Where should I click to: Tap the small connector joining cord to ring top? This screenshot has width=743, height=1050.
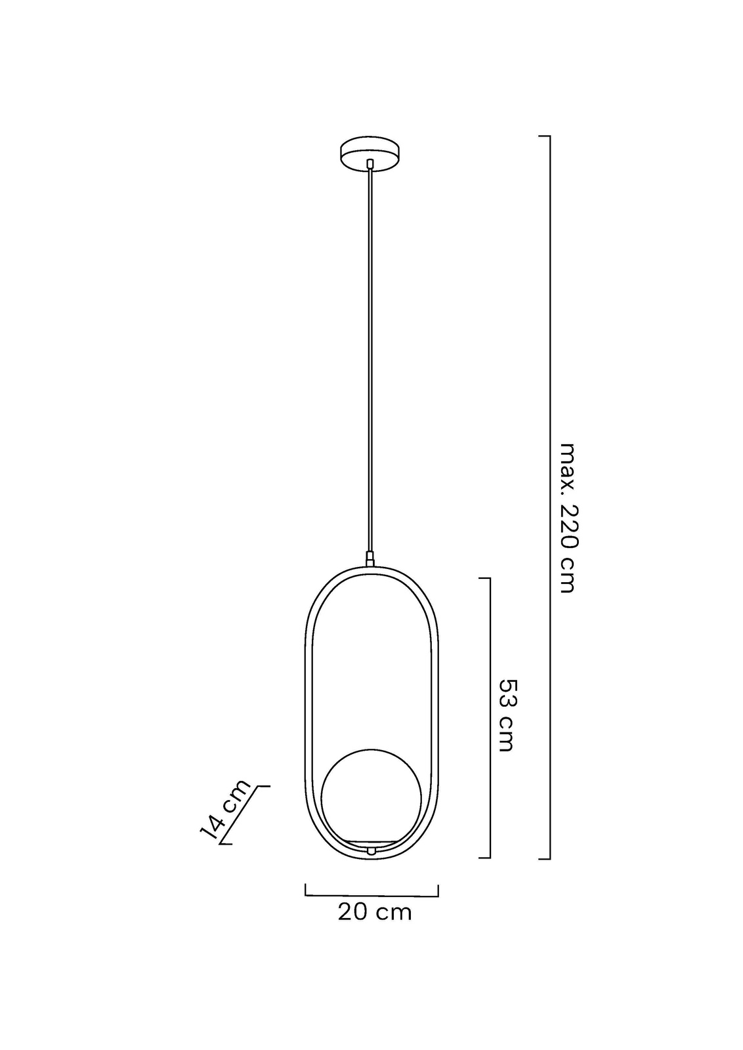370,559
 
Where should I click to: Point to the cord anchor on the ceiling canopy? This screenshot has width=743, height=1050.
370,164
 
